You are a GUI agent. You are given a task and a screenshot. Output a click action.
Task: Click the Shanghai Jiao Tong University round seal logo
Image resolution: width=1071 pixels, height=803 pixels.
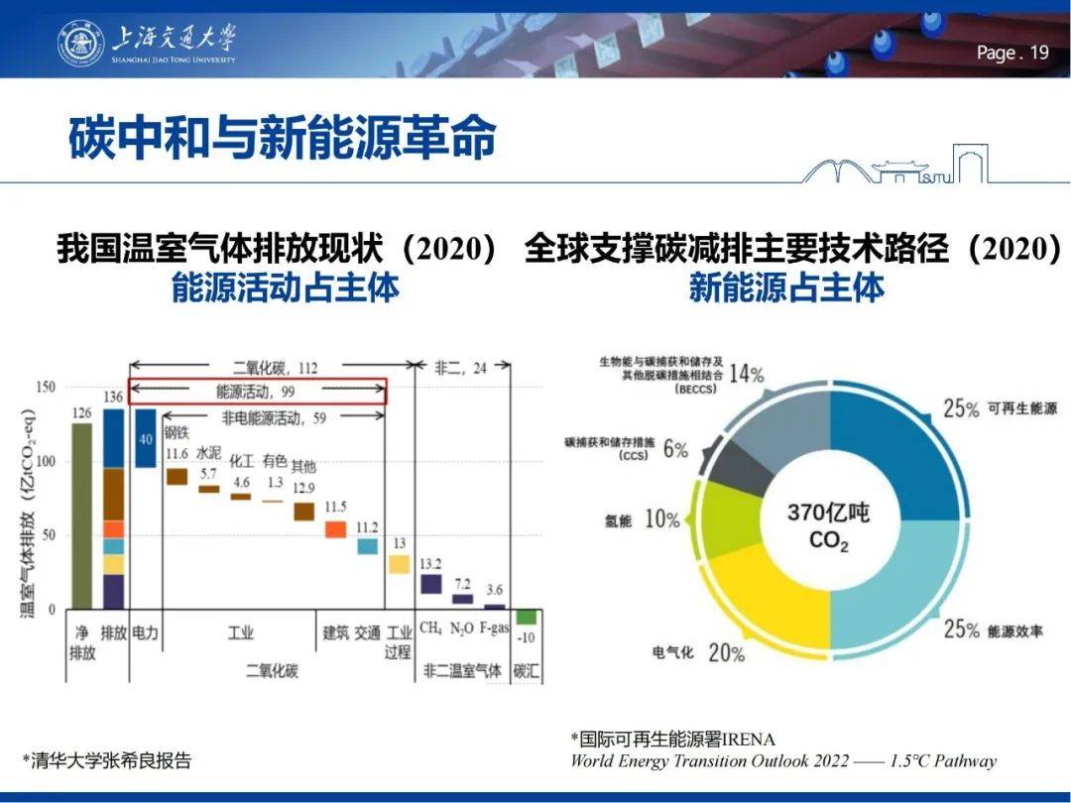coord(80,43)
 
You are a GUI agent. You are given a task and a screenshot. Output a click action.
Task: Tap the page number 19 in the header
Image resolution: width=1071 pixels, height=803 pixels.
coord(1038,54)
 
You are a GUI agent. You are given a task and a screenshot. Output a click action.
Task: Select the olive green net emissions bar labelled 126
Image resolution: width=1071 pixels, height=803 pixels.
coord(81,515)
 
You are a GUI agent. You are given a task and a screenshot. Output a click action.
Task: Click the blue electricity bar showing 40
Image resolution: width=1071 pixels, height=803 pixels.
coord(145,437)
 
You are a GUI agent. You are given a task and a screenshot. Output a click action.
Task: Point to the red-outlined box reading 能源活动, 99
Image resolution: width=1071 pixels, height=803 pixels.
coord(257,392)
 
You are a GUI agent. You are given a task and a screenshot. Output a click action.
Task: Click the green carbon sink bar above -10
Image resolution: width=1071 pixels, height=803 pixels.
coord(526,617)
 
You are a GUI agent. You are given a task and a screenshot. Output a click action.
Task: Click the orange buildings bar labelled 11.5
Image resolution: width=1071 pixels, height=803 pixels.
coord(336,529)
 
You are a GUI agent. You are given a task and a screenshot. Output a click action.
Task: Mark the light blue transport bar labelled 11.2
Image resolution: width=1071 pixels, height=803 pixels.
coord(368,546)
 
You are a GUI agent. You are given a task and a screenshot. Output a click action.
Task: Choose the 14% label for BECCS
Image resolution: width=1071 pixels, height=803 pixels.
coord(746,374)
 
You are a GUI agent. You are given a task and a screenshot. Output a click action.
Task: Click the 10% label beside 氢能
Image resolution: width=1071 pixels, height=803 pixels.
coord(661,518)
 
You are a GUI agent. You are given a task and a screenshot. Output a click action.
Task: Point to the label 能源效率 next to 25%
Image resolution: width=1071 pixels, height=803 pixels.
coord(1014,631)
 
